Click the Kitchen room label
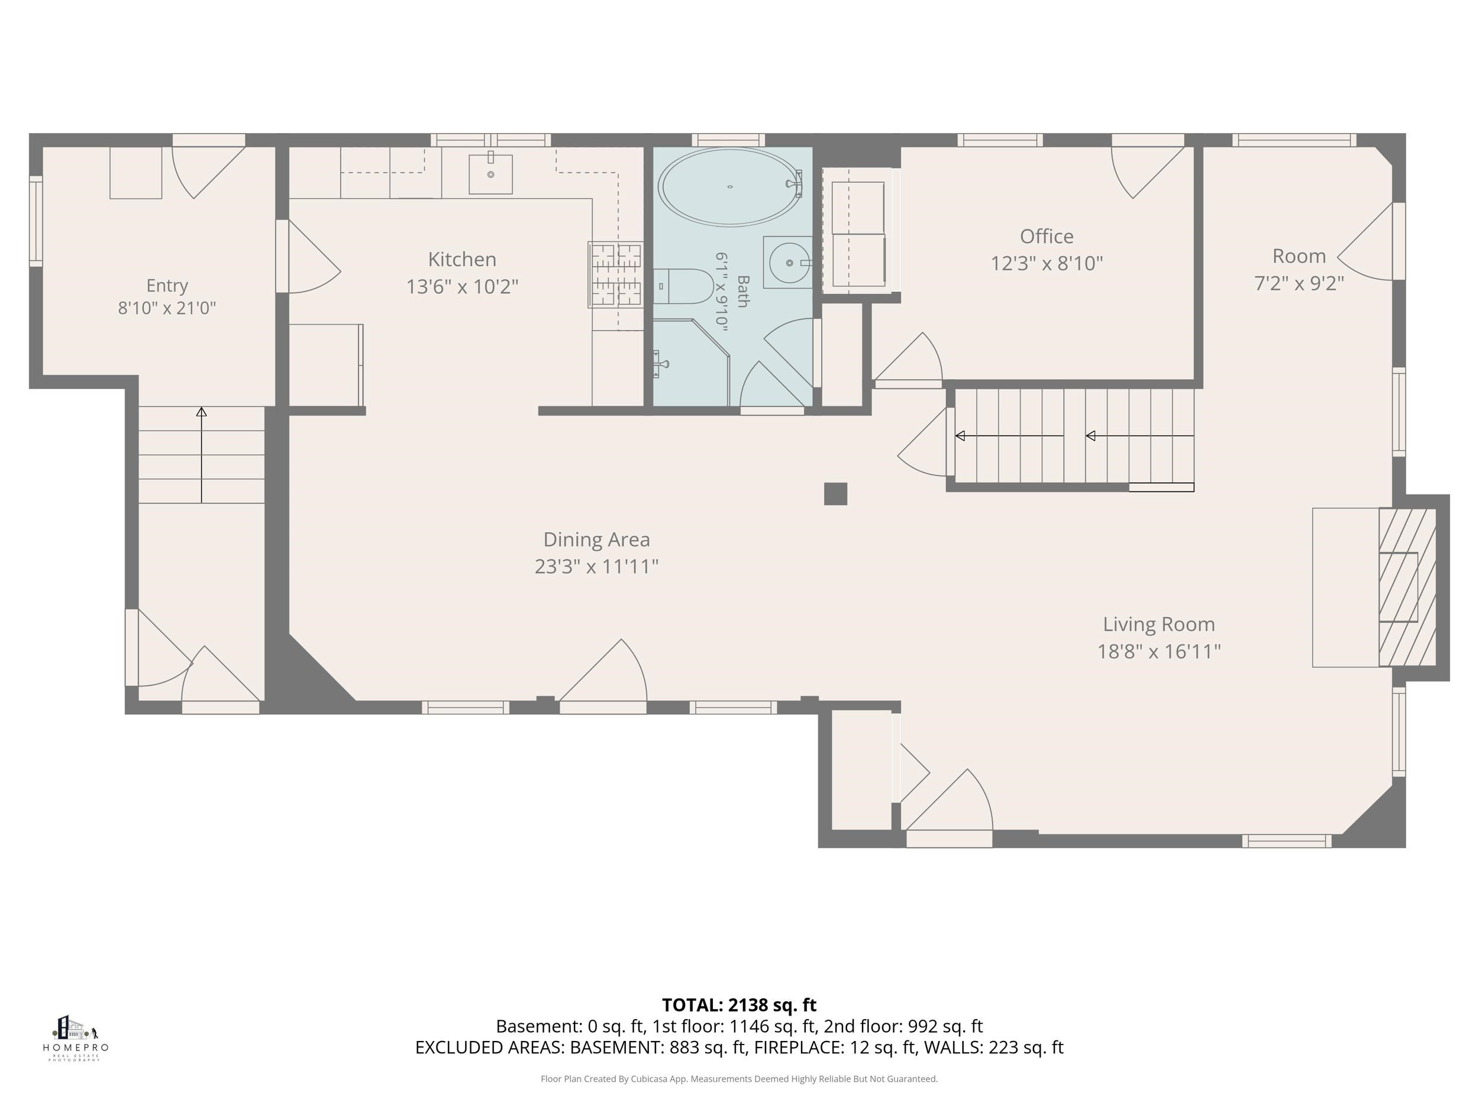point(462,260)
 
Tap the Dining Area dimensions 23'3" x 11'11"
point(596,567)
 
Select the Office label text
point(1047,236)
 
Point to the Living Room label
point(1159,625)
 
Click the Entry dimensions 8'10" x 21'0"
point(167,308)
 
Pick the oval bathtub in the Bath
point(729,186)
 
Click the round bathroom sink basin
point(790,263)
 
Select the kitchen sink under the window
point(491,174)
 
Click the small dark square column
point(836,493)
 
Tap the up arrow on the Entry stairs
point(201,455)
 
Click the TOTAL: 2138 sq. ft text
point(739,1005)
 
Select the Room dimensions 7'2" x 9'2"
point(1299,283)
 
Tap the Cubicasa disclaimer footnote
point(739,1078)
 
